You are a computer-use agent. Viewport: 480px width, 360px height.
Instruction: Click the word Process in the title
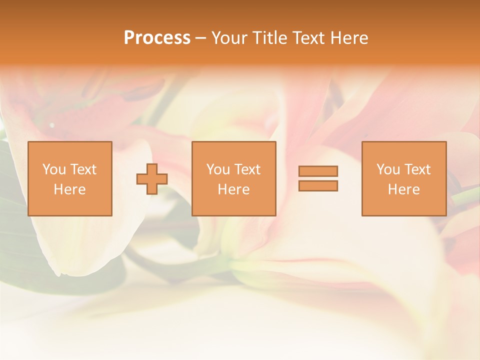157,38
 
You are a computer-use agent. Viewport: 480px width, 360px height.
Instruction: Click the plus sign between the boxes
152,179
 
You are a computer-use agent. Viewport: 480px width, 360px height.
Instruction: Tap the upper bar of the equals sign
318,171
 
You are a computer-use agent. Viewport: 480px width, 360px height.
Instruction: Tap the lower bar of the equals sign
318,185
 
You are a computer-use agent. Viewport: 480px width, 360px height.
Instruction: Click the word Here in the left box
69,189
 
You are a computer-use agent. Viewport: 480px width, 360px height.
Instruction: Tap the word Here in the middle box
233,189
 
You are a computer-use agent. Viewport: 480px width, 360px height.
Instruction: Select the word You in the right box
388,169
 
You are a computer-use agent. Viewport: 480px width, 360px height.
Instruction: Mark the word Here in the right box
403,189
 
